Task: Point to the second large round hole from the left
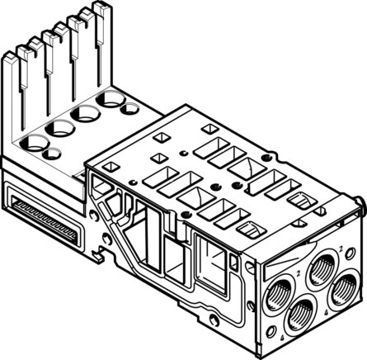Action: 60,127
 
